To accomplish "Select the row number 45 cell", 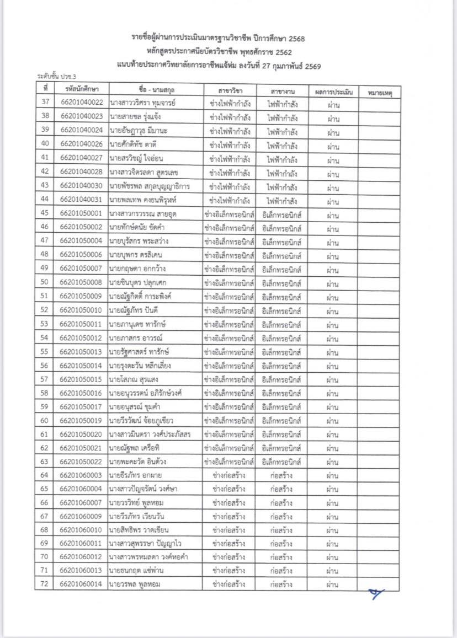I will (x=45, y=213).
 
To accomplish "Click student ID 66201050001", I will (x=81, y=213).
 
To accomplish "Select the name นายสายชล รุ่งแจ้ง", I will (x=135, y=117).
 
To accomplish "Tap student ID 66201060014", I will (x=81, y=584).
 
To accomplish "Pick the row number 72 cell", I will (x=45, y=584).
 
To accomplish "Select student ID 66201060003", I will (x=81, y=475).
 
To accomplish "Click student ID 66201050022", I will (x=81, y=461).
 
